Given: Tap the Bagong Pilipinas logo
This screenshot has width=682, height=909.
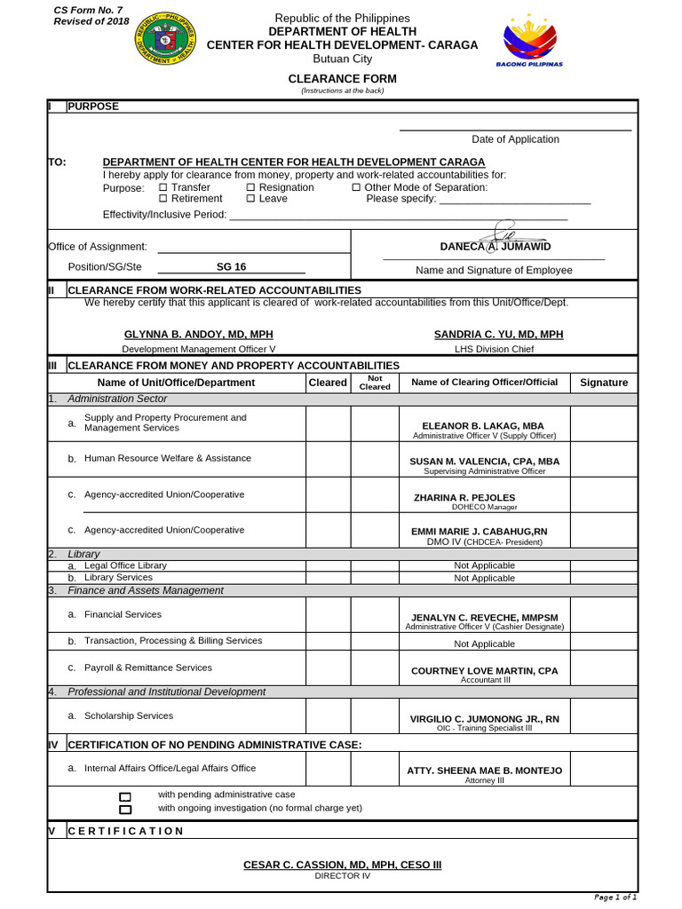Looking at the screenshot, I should [x=529, y=40].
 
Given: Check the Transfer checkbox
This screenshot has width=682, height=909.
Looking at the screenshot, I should [x=163, y=187].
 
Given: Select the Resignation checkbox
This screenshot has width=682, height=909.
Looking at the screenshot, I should [x=250, y=187].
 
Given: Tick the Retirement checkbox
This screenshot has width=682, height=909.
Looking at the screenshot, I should [x=163, y=199].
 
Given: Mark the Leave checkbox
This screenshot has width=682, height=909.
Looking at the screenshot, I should [x=250, y=199].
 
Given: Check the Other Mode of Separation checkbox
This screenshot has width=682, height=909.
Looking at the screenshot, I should [x=356, y=187].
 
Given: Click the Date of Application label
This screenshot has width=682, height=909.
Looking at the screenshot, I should [x=515, y=139].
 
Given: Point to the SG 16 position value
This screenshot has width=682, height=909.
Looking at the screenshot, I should [x=231, y=267].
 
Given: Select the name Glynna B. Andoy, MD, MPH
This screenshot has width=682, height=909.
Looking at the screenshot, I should [x=198, y=335].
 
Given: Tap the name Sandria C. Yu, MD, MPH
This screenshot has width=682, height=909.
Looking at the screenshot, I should [x=498, y=335].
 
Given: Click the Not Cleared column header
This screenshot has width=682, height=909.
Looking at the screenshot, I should [x=374, y=383].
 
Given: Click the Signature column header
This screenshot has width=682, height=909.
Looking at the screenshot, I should [x=604, y=383].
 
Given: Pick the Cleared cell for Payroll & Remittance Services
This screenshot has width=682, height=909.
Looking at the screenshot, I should [x=328, y=668].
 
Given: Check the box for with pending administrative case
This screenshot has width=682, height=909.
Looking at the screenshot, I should [x=125, y=796].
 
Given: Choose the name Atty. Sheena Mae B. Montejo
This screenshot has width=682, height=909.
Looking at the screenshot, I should [x=484, y=771].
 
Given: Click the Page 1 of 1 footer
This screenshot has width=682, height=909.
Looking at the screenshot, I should [x=615, y=897].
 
